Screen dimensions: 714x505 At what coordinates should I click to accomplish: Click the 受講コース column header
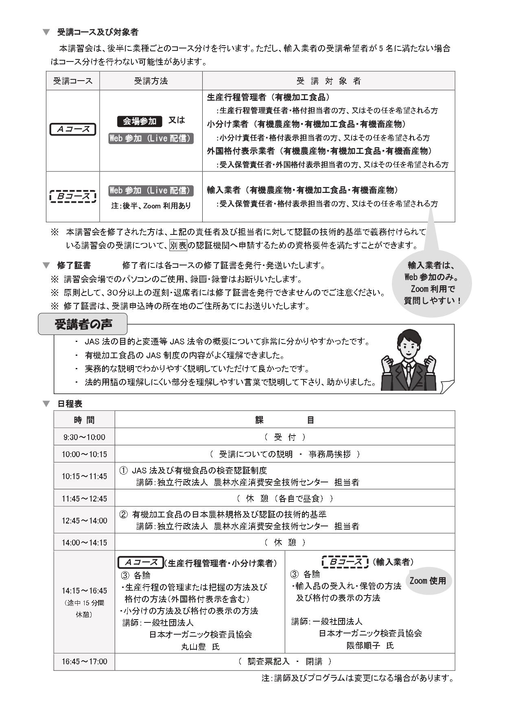(x=73, y=81)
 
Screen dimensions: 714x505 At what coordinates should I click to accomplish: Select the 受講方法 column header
(x=151, y=81)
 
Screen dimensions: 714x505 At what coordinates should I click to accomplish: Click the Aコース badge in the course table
(x=73, y=129)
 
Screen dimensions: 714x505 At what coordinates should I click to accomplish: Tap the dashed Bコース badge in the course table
(x=73, y=197)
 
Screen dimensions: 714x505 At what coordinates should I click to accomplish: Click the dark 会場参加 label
(x=140, y=121)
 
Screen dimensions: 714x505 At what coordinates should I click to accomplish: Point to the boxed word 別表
(x=178, y=245)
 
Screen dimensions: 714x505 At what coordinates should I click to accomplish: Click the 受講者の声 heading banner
(x=83, y=324)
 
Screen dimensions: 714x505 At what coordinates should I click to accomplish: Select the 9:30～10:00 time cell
(x=84, y=437)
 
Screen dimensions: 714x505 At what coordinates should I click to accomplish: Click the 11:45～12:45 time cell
(x=84, y=499)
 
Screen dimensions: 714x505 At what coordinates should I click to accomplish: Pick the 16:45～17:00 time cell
(x=84, y=661)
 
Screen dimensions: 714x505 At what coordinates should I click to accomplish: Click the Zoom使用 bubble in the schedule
(x=428, y=580)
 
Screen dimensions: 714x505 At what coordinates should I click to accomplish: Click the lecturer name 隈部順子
(x=364, y=645)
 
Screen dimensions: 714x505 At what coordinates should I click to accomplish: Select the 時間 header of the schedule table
(x=84, y=420)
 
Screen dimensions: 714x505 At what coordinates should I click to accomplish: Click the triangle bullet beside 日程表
(x=46, y=404)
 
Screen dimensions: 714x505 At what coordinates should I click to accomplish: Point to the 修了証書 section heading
(x=74, y=265)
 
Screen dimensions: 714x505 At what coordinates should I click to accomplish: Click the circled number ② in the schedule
(x=123, y=515)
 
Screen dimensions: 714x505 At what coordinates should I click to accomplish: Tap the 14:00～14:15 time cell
(x=84, y=543)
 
